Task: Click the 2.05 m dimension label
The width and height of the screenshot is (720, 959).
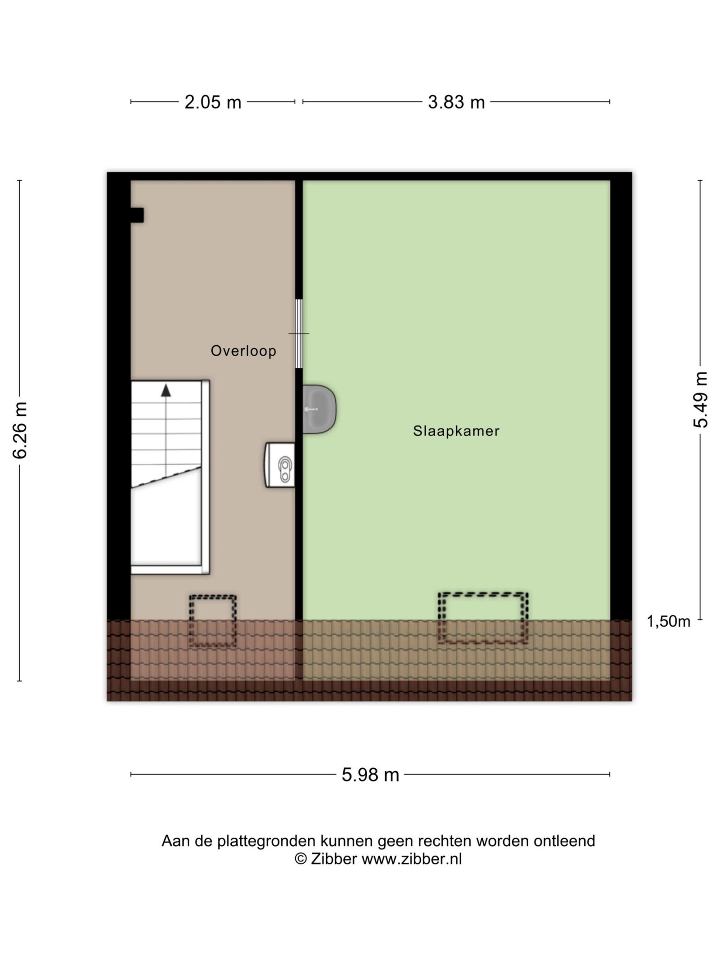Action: coord(213,103)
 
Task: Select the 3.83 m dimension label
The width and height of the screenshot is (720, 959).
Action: coord(456,103)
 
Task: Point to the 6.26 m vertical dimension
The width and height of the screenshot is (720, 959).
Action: coord(20,430)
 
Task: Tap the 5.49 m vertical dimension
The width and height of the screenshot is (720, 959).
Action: coord(701,400)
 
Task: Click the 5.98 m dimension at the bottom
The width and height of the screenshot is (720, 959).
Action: coord(370,775)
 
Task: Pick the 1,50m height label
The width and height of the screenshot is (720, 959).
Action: coord(668,621)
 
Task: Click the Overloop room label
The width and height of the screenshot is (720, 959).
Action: coord(243,351)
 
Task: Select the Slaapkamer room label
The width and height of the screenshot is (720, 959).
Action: coord(456,431)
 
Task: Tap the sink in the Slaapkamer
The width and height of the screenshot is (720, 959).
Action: coord(319,409)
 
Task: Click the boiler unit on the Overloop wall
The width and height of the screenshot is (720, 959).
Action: coord(280,464)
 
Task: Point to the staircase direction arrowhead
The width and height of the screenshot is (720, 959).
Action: coord(166,390)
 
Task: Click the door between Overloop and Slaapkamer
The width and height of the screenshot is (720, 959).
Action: coord(299,334)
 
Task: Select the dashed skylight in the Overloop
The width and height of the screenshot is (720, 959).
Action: coord(212,620)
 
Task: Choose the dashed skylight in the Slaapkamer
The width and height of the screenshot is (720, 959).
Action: coord(483,618)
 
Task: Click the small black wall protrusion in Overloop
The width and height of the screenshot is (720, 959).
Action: coord(137,215)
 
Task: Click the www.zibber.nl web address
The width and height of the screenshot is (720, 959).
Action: coord(412,859)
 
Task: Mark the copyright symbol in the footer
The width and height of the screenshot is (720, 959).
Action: coord(301,859)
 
